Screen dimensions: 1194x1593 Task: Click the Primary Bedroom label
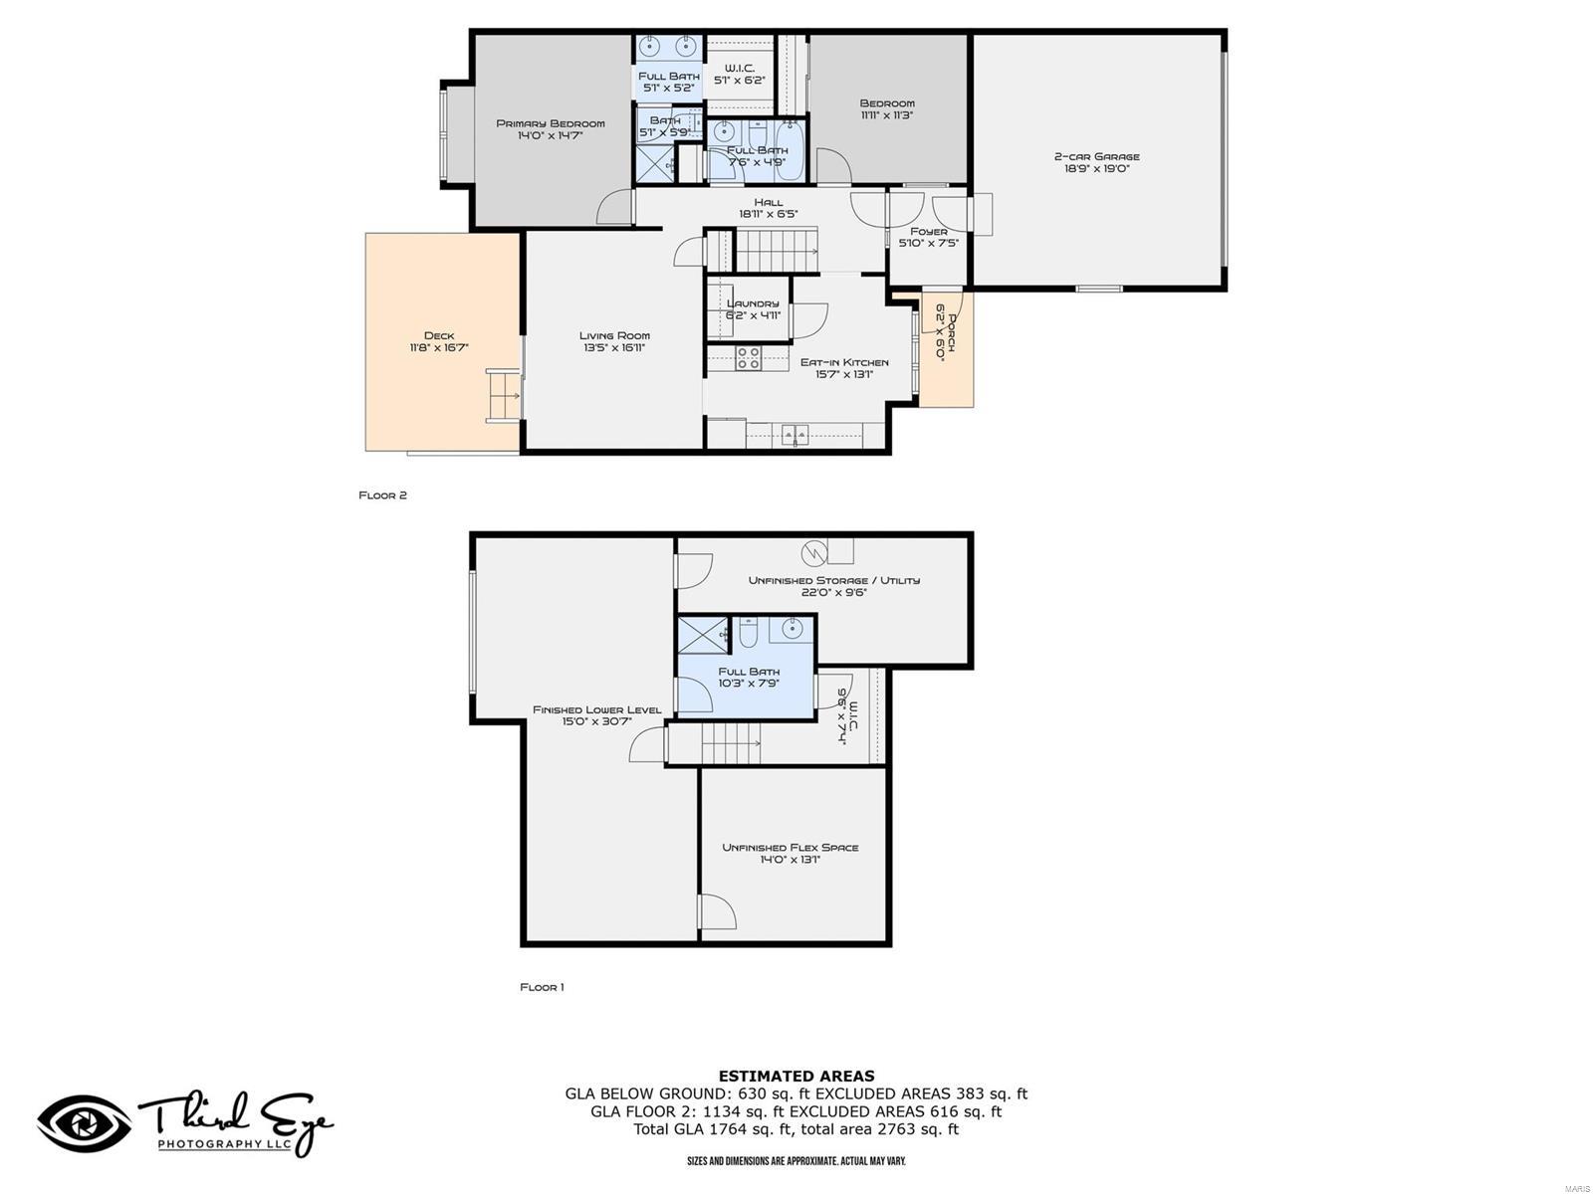(x=550, y=123)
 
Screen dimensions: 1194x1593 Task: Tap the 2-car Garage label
(x=1096, y=156)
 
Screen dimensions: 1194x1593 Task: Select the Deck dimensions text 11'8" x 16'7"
(x=438, y=348)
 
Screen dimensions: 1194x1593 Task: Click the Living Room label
(x=614, y=335)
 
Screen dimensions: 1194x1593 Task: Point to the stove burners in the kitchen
(x=749, y=358)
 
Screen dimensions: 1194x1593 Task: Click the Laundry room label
(x=753, y=303)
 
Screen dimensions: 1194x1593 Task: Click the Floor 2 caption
(x=383, y=496)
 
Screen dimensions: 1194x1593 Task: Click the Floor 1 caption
(x=542, y=987)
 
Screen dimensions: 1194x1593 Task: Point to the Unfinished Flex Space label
(x=790, y=848)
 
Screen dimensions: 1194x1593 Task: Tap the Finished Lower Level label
(x=596, y=709)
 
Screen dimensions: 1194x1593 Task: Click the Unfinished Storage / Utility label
(x=833, y=580)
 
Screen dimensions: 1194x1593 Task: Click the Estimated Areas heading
(x=796, y=1076)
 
